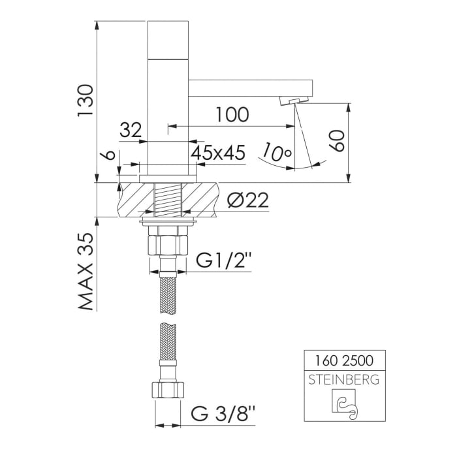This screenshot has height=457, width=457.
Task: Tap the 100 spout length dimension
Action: (232, 115)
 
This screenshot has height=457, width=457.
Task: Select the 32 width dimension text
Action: (131, 130)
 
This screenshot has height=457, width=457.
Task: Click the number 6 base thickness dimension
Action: (110, 156)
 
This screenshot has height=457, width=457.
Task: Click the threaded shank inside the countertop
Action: (168, 199)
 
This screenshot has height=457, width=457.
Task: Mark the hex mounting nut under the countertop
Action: (168, 245)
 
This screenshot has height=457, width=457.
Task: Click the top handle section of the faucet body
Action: (168, 39)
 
